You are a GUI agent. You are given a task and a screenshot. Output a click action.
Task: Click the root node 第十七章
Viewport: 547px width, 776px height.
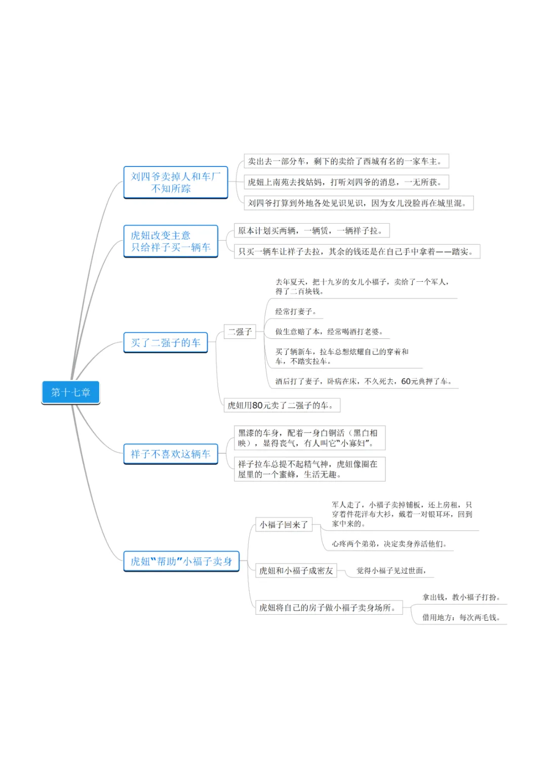pos(70,393)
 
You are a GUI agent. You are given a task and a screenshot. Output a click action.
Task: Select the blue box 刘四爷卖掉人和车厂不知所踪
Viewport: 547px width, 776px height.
pos(176,183)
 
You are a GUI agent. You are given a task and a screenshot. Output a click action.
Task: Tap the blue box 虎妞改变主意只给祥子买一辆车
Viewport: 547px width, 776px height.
pos(171,241)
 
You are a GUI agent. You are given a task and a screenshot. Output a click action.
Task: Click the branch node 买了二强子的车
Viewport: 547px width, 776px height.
pos(166,343)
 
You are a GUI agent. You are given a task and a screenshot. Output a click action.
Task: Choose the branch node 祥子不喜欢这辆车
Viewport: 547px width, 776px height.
pos(170,454)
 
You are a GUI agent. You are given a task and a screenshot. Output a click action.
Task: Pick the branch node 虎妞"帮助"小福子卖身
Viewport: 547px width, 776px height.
pos(181,562)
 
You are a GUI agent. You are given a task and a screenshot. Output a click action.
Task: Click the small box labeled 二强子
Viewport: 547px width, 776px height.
pos(240,332)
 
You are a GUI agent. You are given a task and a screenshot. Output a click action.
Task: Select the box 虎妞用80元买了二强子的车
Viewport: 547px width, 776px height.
pos(282,405)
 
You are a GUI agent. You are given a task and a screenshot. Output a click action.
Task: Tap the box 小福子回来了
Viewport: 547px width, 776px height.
pos(284,525)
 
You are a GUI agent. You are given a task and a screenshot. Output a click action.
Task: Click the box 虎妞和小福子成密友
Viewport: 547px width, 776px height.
pos(296,571)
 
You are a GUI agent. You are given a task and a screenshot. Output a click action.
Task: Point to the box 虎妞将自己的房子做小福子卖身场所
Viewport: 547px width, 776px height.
pos(329,608)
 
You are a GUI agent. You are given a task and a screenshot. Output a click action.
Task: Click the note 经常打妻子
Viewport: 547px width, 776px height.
pos(296,312)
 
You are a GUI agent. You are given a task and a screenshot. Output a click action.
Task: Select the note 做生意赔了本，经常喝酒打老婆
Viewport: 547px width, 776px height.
pos(329,332)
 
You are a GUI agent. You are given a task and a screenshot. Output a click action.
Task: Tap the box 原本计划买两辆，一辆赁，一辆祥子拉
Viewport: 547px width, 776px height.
pos(311,231)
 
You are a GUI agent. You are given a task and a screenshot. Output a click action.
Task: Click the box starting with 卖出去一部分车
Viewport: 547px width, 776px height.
pos(346,161)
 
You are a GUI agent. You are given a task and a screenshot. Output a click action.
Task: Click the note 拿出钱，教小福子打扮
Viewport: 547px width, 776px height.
pos(461,597)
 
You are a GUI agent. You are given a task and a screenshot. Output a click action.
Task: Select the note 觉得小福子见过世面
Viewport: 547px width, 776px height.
pos(391,571)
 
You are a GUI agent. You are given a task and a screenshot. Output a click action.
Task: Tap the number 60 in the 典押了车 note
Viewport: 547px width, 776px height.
pos(406,381)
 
